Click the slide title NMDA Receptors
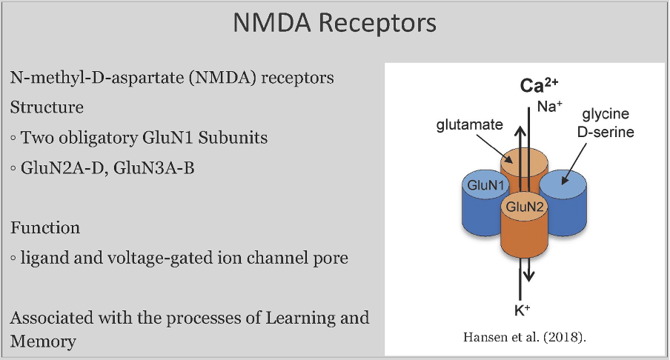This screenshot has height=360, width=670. point(334,23)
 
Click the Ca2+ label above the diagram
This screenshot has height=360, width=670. point(539,85)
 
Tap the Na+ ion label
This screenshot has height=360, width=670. point(549,107)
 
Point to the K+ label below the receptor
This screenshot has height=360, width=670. point(523,310)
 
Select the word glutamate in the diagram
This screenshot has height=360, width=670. point(470,124)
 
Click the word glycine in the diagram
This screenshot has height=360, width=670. point(606,114)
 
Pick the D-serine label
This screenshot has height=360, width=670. point(606,132)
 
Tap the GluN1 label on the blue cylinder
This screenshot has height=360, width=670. point(485,185)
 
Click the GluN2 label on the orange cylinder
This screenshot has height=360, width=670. point(524,207)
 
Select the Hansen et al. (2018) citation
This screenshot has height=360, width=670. point(525,337)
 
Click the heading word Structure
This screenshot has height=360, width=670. point(47,107)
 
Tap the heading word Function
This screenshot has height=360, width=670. point(45,227)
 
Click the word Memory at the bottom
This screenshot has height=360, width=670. point(43,341)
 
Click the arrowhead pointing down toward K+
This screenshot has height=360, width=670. point(528,277)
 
